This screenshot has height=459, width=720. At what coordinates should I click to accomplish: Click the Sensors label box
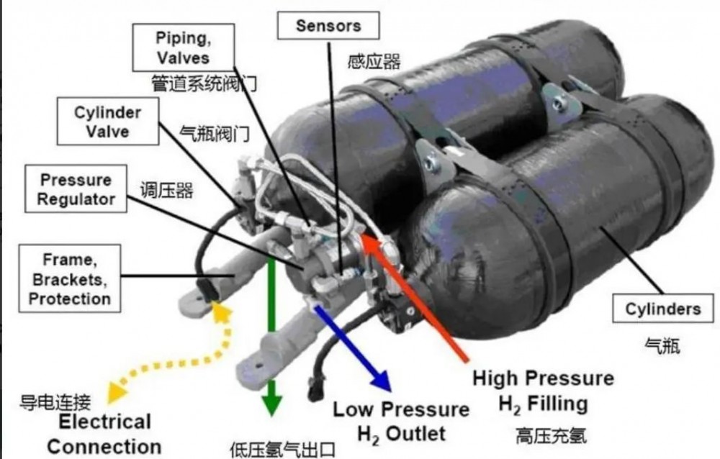pos(328,27)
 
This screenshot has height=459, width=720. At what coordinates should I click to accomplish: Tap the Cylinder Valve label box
pos(107,122)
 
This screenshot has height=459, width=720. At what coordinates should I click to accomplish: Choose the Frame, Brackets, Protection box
pos(70,278)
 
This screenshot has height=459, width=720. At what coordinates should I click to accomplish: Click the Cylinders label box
pos(662,309)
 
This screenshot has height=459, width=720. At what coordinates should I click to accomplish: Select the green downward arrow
pos(271,331)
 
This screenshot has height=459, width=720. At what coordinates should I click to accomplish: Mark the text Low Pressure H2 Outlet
pos(400,421)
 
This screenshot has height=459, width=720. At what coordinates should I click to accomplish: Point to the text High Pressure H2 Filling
pos(543,391)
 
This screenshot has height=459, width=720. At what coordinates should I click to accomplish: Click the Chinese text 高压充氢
pos(552,435)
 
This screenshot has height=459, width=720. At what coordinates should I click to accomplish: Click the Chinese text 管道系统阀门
pos(204,83)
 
